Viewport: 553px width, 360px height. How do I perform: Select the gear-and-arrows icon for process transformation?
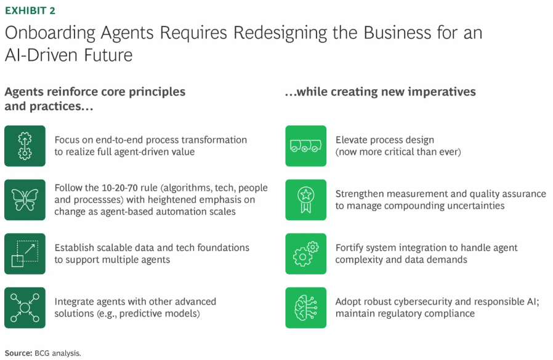click(25, 146)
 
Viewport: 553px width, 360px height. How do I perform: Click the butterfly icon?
click(25, 199)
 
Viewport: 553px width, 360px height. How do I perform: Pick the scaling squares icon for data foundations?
click(25, 254)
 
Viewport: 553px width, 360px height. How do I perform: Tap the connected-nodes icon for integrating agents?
click(25, 307)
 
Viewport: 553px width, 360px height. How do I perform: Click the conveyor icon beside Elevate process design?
click(305, 146)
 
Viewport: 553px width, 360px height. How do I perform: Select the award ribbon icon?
click(305, 199)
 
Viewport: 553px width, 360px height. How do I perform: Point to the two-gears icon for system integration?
click(305, 254)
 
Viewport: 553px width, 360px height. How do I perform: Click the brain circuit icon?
click(305, 307)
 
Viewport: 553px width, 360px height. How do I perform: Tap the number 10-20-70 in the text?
click(118, 188)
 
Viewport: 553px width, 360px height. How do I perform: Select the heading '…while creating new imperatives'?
click(380, 92)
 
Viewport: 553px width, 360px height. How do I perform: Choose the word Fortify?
click(352, 247)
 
